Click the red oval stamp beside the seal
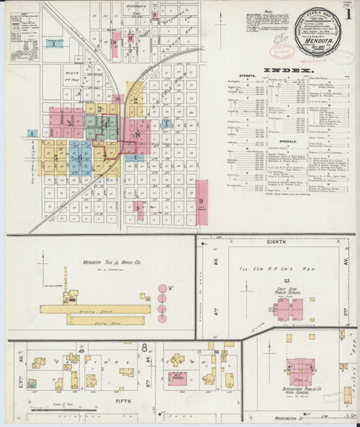coord(277,52)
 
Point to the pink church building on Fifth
coord(176,376)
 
